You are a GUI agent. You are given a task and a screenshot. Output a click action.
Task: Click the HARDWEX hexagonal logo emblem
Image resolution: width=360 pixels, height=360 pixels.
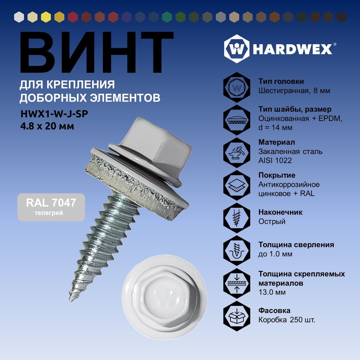237,49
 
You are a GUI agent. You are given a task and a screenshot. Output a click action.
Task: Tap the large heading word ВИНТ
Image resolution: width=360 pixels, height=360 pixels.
96,52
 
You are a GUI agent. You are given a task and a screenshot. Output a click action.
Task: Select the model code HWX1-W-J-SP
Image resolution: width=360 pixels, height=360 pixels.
54,114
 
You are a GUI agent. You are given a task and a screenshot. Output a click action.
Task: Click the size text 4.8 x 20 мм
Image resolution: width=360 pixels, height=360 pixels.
47,126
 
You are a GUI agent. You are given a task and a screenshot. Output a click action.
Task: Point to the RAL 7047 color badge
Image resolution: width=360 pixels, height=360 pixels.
51,207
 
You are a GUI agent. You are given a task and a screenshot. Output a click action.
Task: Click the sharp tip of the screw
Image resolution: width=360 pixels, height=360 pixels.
70,300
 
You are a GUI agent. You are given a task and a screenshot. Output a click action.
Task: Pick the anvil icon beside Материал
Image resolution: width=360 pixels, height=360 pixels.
237,152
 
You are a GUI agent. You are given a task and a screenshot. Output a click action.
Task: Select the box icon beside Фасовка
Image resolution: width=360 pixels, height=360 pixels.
237,316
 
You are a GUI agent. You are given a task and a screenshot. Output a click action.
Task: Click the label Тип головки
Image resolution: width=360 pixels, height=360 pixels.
281,81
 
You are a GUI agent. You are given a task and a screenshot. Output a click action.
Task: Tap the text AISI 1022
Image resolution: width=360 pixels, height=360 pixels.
275,160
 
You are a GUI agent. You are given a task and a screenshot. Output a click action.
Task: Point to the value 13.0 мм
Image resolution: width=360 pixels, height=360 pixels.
272,292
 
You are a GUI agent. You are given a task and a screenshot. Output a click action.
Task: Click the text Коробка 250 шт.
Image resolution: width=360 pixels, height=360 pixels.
287,320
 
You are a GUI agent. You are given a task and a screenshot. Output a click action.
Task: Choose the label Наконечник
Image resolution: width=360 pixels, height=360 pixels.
280,212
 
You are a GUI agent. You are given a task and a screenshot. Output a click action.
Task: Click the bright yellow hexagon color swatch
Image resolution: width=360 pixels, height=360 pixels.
46,17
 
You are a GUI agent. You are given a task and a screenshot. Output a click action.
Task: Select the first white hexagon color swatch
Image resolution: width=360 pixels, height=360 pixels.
19,17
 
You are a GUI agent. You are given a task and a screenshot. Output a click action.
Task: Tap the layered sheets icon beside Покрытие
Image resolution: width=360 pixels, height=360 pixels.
237,185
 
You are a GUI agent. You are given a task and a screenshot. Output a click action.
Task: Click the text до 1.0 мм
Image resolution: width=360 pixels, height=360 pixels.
275,254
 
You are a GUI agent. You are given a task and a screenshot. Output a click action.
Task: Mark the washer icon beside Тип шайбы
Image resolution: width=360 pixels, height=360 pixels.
237,120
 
